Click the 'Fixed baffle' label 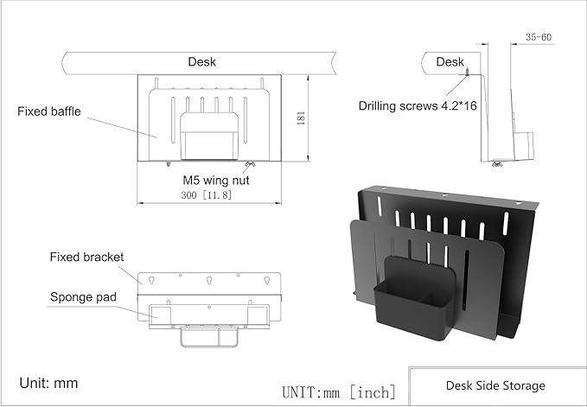(x=49, y=111)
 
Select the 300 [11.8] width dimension (x=207, y=195)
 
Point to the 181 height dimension (x=301, y=118)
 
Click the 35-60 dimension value (x=538, y=37)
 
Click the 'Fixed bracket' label (x=87, y=257)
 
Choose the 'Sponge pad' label (x=82, y=296)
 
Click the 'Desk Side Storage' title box (x=495, y=385)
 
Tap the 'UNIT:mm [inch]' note (x=338, y=391)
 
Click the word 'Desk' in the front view (x=202, y=61)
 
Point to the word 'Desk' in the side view (x=450, y=61)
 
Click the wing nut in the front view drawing (x=250, y=164)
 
